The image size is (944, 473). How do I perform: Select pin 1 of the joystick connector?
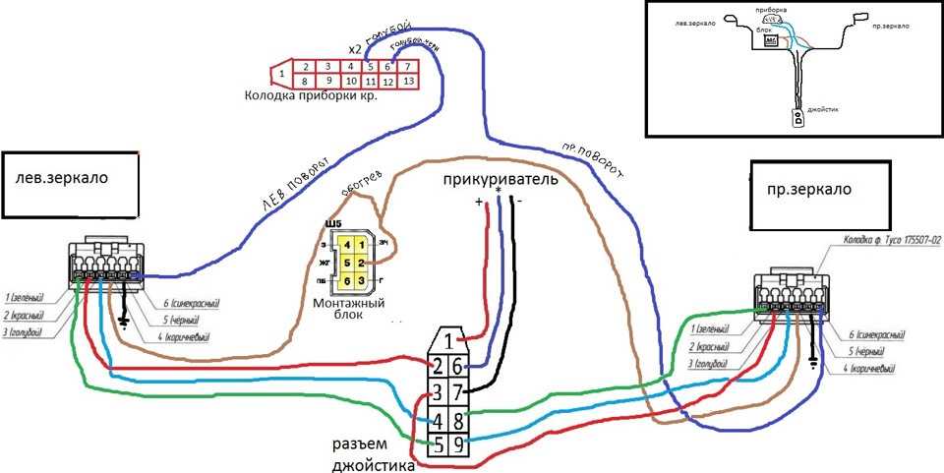(447, 341)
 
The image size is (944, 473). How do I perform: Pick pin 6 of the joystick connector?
(458, 367)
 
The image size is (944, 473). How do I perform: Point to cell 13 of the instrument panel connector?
(409, 81)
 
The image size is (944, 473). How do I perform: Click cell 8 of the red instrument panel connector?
(307, 81)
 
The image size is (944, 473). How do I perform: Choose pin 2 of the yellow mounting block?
(362, 263)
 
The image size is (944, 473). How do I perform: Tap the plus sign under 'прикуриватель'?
(480, 202)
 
